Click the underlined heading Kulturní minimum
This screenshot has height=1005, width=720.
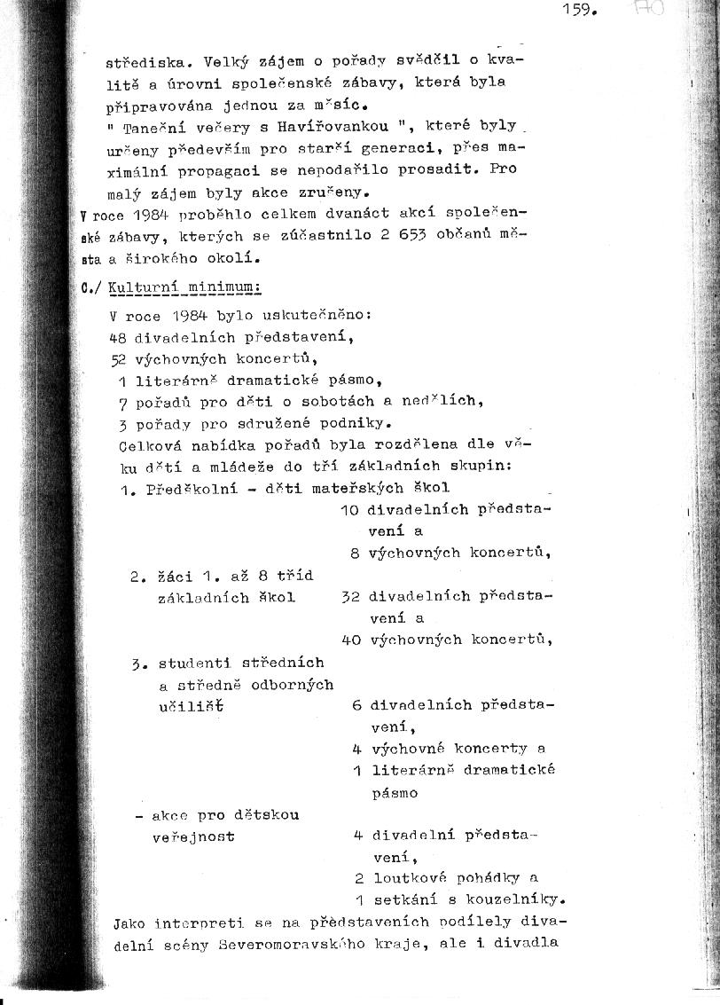point(184,288)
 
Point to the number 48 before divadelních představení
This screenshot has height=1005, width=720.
point(118,337)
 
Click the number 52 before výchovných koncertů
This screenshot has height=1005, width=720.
point(118,358)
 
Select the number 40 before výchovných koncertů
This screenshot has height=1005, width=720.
point(350,640)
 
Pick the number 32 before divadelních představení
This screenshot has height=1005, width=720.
point(350,597)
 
